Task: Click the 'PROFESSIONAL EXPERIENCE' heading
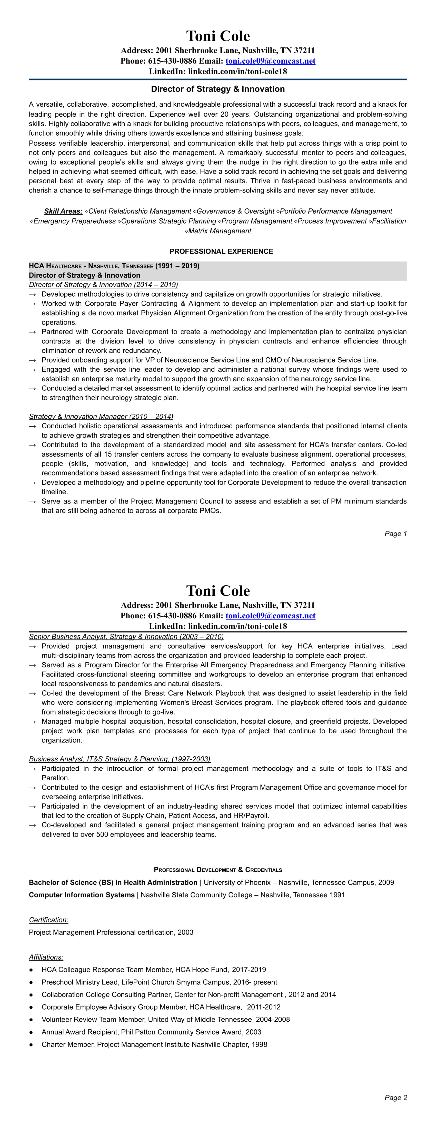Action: coord(221,251)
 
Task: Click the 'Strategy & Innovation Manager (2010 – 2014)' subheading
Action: coord(101,416)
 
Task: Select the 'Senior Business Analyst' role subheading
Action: coord(126,637)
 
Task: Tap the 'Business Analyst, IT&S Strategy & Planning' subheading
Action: coord(120,759)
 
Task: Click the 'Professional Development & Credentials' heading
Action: coord(218,870)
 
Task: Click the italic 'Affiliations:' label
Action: coord(46,957)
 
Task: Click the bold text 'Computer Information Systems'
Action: coord(82,895)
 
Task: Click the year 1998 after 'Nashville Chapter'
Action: coord(259,1044)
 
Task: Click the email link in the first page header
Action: coord(270,61)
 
